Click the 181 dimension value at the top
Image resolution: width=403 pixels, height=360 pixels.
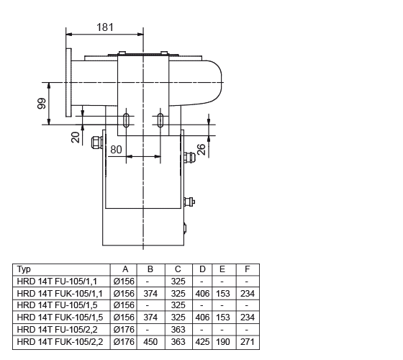[104, 27]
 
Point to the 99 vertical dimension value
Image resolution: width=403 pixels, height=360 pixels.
[42, 104]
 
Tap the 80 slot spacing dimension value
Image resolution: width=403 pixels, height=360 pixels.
[116, 150]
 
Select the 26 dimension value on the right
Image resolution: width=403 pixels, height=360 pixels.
[201, 150]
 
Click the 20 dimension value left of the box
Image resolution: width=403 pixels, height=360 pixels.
[76, 138]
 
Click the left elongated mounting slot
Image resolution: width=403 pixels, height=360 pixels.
[126, 120]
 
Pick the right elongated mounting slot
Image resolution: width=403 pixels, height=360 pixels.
[160, 120]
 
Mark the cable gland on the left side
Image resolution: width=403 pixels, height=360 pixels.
[97, 143]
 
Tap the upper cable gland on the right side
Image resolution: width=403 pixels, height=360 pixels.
[189, 158]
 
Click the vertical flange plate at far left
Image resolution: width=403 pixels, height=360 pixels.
[68, 83]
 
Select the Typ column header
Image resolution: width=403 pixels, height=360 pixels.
[24, 269]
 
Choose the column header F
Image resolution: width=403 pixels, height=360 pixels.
[248, 269]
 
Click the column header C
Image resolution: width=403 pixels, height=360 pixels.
[178, 269]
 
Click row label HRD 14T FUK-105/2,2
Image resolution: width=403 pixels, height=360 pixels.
[60, 342]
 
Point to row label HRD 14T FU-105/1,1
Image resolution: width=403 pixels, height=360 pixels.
[57, 282]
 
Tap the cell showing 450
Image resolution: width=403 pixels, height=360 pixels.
[150, 342]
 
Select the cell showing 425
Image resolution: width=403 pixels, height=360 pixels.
[202, 342]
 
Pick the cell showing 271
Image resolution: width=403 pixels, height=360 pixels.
[248, 342]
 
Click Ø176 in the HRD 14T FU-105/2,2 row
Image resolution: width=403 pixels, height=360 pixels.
[124, 330]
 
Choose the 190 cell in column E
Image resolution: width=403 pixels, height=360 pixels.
[223, 342]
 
